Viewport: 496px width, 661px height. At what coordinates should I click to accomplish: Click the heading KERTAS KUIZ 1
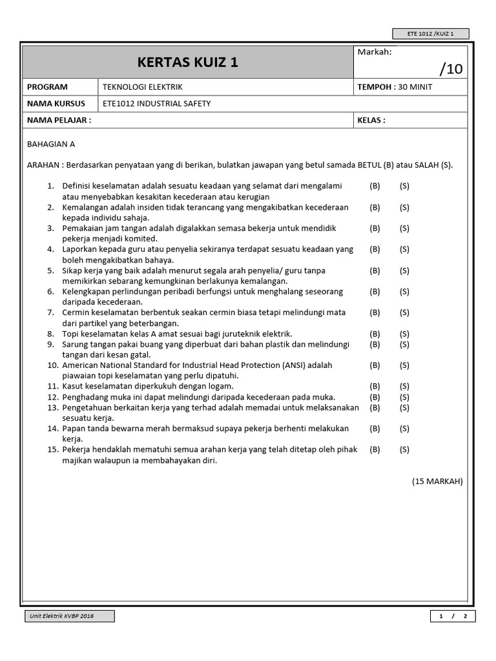click(187, 63)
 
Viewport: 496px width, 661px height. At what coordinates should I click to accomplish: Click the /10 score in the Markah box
click(451, 68)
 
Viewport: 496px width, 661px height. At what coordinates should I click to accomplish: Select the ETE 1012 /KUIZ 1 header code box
click(431, 34)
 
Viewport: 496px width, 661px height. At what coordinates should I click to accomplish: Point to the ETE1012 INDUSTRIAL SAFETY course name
click(157, 103)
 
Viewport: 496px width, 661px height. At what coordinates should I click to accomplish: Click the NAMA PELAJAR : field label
click(59, 120)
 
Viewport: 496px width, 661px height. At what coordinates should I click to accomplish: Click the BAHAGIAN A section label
click(51, 145)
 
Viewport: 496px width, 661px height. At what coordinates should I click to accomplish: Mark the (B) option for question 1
click(375, 186)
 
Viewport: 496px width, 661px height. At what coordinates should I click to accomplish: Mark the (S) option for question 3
click(404, 229)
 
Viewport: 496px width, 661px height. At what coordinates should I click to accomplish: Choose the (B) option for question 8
click(375, 334)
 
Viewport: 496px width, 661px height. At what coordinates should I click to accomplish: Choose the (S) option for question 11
click(404, 386)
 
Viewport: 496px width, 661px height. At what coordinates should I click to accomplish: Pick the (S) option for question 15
click(404, 449)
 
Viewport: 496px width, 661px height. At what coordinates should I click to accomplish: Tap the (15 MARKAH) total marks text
click(437, 482)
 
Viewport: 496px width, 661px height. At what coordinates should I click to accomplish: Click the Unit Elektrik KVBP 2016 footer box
click(70, 616)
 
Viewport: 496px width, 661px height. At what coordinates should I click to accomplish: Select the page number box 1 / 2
click(453, 616)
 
